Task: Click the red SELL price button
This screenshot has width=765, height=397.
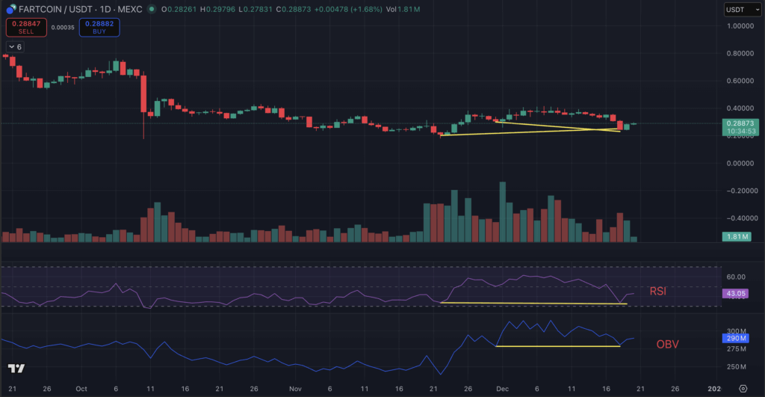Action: (x=26, y=28)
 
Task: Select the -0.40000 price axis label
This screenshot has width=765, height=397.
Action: (x=742, y=218)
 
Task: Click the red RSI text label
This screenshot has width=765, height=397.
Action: (x=658, y=291)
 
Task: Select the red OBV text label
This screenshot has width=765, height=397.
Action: (x=667, y=344)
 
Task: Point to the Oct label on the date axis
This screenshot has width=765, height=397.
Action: (x=82, y=389)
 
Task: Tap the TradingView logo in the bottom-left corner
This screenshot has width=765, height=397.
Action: (x=16, y=369)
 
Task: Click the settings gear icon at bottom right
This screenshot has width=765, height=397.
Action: (x=743, y=389)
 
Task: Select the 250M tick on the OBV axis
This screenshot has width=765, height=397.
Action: (x=738, y=366)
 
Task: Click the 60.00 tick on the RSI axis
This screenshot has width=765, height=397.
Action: (x=737, y=277)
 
